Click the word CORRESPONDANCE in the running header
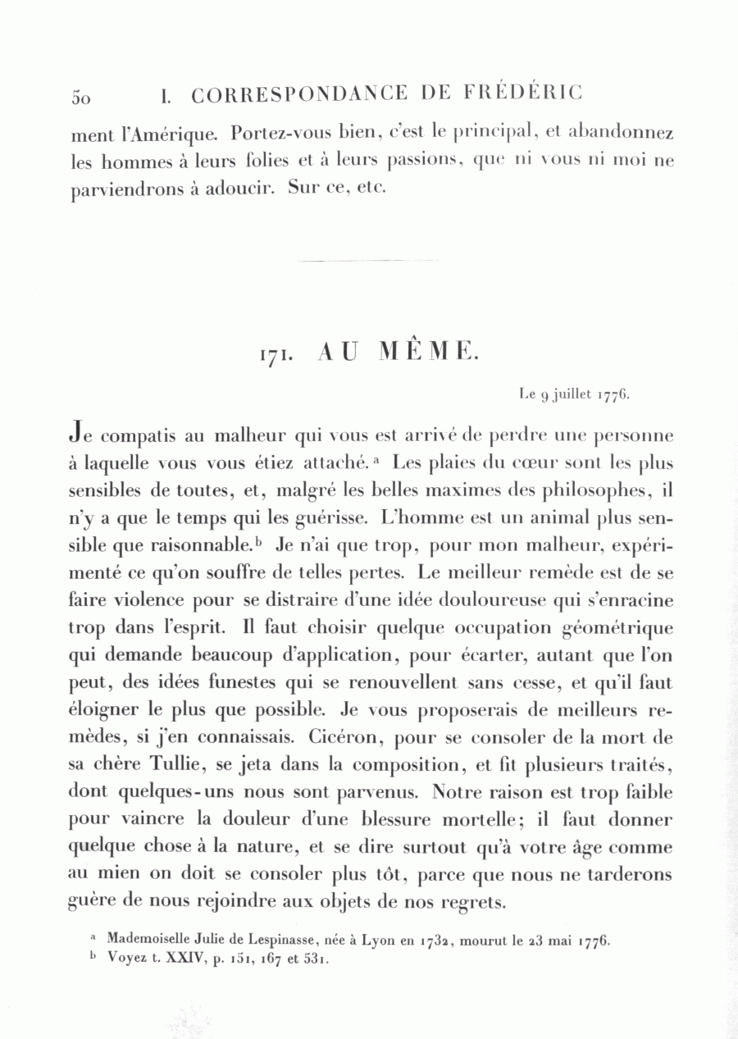tap(298, 94)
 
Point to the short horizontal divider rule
tap(370, 261)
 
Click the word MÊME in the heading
tap(427, 352)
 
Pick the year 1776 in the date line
tap(614, 394)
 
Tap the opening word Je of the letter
tap(82, 432)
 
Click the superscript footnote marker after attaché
tap(375, 458)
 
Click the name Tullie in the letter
tap(179, 766)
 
